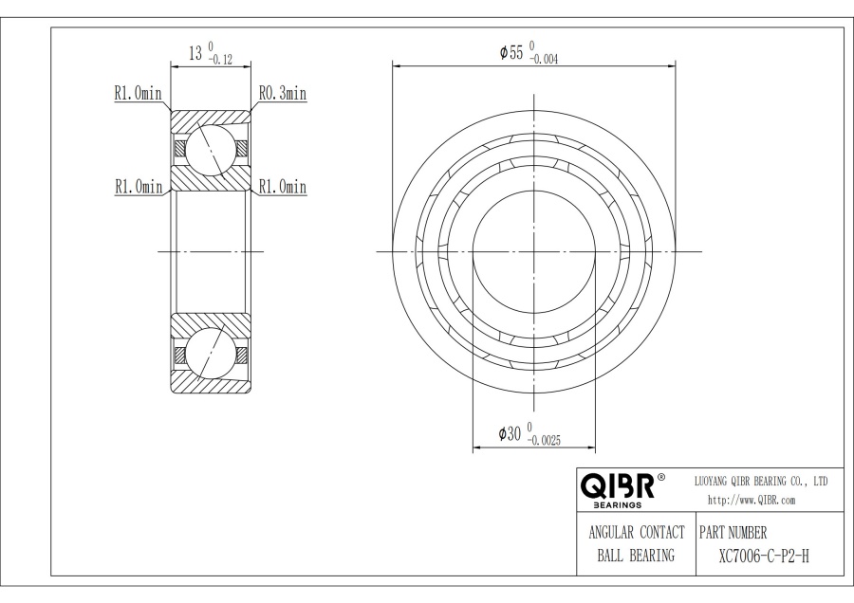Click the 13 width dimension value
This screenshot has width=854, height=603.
click(195, 53)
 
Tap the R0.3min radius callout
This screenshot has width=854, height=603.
click(283, 93)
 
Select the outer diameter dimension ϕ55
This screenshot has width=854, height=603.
click(511, 52)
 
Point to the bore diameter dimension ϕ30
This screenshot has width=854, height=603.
click(511, 433)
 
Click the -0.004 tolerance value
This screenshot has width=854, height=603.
click(544, 60)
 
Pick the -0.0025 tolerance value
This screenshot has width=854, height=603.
click(544, 441)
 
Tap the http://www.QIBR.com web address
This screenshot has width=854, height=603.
click(752, 501)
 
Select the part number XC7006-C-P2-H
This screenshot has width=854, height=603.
click(764, 557)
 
